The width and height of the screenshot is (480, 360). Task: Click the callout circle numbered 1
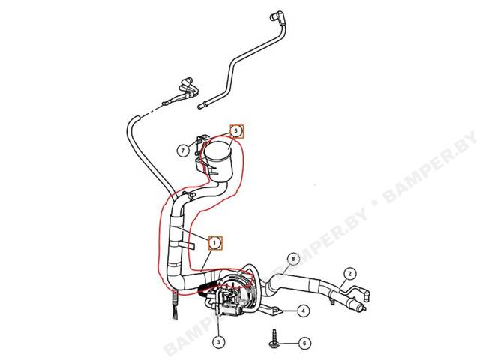click(215, 243)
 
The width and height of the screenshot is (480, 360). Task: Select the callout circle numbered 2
click(350, 273)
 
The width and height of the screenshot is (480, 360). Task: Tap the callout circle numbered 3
click(218, 342)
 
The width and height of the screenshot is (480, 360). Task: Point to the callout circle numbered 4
click(303, 311)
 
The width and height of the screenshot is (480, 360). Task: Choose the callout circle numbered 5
click(235, 131)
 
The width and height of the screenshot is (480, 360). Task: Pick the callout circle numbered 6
click(304, 343)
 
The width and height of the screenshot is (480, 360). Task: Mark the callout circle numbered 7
click(183, 151)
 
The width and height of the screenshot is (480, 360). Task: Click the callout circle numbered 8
click(293, 259)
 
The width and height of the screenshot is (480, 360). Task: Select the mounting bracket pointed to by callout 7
click(200, 154)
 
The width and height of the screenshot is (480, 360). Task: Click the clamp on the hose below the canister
click(188, 196)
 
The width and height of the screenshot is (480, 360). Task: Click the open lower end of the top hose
click(201, 106)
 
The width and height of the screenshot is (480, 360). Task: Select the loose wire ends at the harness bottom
click(175, 309)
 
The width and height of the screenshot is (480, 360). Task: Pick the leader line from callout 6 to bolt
click(288, 343)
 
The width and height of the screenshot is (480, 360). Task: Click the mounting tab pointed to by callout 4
click(274, 310)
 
